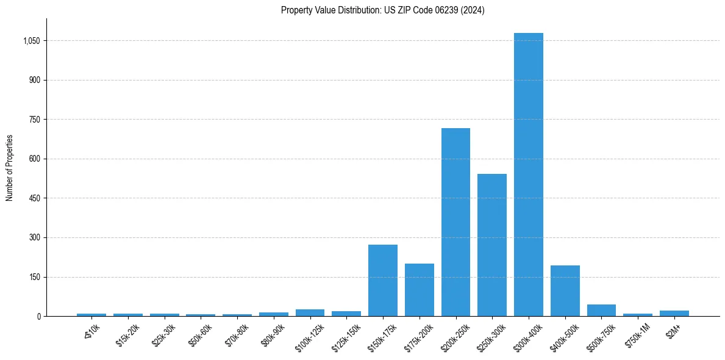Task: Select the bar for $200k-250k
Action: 455,222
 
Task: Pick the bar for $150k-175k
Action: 382,280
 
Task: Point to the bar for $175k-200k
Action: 419,290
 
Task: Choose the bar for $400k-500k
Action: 565,290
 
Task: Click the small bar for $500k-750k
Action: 601,310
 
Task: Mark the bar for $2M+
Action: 674,313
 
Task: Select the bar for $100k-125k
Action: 310,312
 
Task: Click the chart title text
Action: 382,10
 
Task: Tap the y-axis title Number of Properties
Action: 10,168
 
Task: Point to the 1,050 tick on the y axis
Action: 31,41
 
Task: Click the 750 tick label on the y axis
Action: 34,120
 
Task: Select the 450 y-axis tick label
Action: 34,198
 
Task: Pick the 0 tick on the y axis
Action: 38,316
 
